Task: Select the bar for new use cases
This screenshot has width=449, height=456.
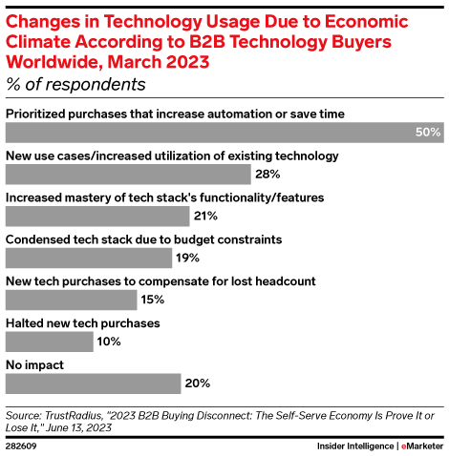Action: (x=127, y=174)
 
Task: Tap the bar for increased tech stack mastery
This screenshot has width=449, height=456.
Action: (x=97, y=216)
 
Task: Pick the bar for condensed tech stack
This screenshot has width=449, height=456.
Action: (x=89, y=258)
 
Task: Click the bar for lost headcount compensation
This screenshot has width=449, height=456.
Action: (x=71, y=300)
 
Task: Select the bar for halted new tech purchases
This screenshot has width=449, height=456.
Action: (x=50, y=342)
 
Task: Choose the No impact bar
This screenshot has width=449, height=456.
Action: (x=93, y=383)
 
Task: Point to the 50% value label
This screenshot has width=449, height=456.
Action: (x=427, y=132)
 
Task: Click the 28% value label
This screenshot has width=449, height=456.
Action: (x=267, y=174)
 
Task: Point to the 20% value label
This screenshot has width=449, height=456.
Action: (x=198, y=383)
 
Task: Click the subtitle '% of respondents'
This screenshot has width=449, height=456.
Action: (x=75, y=84)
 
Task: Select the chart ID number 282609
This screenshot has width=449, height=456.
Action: (x=21, y=446)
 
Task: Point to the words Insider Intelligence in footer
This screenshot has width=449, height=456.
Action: (x=354, y=446)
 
